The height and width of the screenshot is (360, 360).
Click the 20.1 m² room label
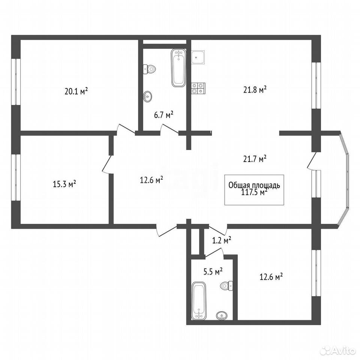pyautogui.click(x=76, y=91)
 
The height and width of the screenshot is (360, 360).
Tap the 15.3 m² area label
pyautogui.click(x=64, y=184)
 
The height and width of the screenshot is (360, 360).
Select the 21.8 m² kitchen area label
pyautogui.click(x=255, y=90)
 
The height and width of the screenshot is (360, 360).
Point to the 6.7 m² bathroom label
pyautogui.click(x=164, y=115)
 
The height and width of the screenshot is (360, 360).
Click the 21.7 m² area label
pyautogui.click(x=255, y=159)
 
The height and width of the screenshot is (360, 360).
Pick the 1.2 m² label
pyautogui.click(x=221, y=240)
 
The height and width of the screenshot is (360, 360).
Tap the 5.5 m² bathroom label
pyautogui.click(x=213, y=271)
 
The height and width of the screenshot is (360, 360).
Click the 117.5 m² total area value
pyautogui.click(x=254, y=192)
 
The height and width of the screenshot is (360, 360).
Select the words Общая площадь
pyautogui.click(x=254, y=186)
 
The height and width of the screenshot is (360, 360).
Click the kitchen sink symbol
pyautogui.click(x=198, y=57)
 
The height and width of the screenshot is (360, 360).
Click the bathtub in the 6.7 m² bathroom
pyautogui.click(x=178, y=68)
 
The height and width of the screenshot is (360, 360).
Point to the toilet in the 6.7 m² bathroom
pyautogui.click(x=149, y=69)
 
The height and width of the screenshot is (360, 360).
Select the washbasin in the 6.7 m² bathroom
pyautogui.click(x=148, y=96)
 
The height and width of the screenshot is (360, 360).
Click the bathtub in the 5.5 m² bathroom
pyautogui.click(x=199, y=301)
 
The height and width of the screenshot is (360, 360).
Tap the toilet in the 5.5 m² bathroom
pyautogui.click(x=226, y=286)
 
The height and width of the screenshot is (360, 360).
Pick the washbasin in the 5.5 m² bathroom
pyautogui.click(x=222, y=316)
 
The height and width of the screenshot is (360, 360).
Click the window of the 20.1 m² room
pyautogui.click(x=16, y=82)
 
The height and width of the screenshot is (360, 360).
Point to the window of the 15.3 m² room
pyautogui.click(x=16, y=177)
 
